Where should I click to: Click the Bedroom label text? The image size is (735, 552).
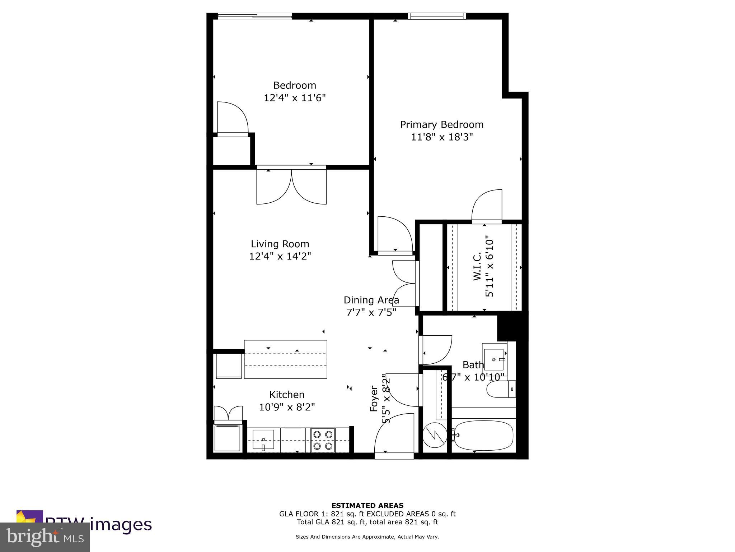point(295,86)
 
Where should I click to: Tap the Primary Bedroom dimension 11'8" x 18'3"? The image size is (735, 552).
point(442,137)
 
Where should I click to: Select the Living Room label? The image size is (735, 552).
point(280,244)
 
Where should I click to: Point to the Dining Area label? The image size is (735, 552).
point(371,300)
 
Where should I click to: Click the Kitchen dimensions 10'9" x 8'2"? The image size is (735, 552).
point(287,407)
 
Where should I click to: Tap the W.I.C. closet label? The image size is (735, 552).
point(477,266)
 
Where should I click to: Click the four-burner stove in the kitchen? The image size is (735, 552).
point(323,440)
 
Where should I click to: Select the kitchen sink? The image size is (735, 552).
point(263,440)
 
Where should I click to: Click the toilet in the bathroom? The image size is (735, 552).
point(501,389)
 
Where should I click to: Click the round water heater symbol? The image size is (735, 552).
point(434,436)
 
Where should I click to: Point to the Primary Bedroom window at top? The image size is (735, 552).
point(437,16)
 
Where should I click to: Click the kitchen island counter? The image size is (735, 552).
point(285,359)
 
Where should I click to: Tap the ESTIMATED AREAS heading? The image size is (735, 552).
point(367,506)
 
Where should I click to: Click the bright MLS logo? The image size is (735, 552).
point(45,537)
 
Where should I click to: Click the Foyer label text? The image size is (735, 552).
point(374,399)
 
